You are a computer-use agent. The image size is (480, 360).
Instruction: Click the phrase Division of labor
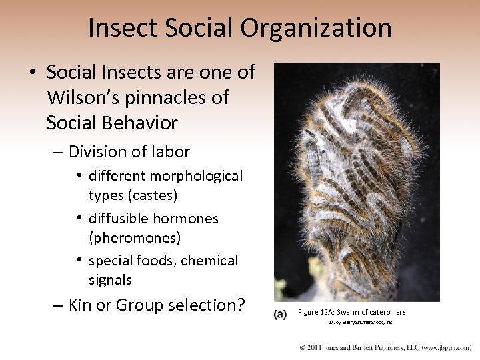click(129, 152)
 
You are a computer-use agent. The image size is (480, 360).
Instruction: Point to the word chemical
click(207, 261)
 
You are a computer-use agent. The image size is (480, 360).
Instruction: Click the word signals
click(110, 280)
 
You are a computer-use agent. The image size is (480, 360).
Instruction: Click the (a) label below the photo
click(281, 314)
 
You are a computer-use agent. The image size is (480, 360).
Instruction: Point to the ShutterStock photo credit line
click(360, 322)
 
